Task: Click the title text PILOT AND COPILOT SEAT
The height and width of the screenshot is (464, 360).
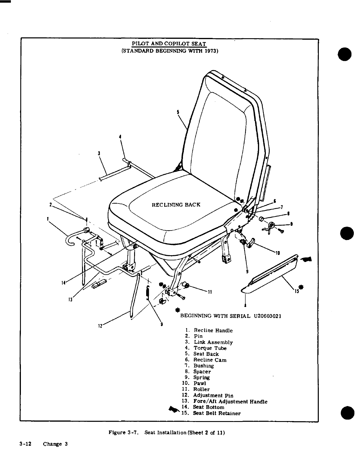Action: (169, 44)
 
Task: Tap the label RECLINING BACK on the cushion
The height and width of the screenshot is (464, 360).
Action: (176, 205)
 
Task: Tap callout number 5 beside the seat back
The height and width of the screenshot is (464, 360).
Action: (178, 112)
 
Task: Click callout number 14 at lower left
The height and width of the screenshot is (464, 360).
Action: (63, 283)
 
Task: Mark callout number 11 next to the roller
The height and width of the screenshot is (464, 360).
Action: (210, 292)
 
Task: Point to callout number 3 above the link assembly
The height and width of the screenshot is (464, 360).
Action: (99, 153)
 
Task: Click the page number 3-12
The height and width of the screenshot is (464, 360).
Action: (25, 444)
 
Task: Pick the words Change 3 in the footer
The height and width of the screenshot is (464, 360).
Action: (55, 444)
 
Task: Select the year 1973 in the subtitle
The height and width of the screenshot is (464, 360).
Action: (210, 51)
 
